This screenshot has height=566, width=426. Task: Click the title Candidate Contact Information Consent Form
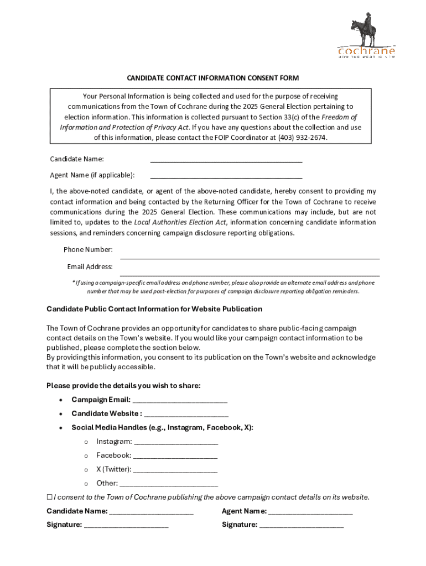[213, 78]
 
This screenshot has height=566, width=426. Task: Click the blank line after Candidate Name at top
[226, 160]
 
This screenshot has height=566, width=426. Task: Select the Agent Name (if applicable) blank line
[226, 177]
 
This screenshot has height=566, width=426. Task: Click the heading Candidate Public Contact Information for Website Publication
[154, 309]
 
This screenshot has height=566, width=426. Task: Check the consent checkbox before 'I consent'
[49, 497]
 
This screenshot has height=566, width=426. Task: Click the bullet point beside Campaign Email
[60, 400]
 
